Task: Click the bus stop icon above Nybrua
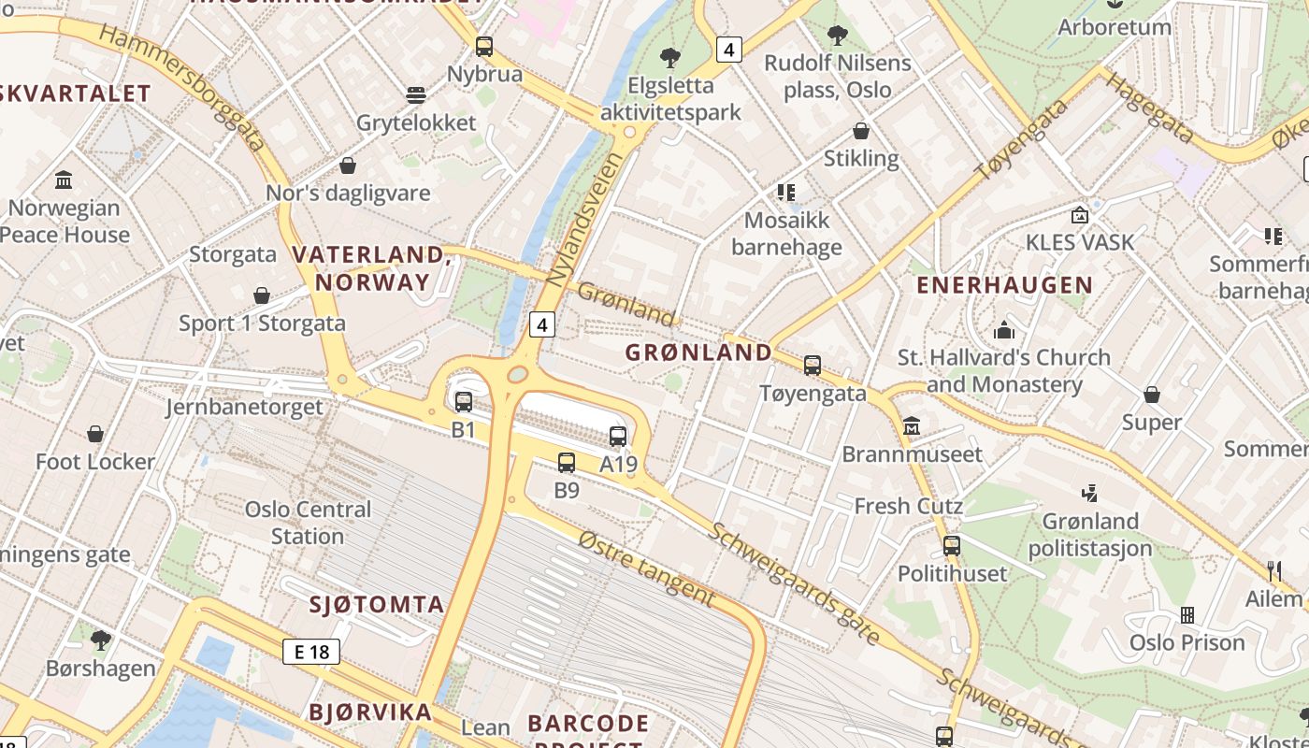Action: point(483,46)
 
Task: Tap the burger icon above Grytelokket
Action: point(416,95)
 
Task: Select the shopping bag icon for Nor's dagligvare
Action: point(348,165)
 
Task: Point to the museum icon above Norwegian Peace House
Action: point(64,179)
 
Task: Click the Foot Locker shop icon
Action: point(94,434)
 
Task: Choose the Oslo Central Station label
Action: point(308,523)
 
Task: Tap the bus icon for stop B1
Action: point(464,402)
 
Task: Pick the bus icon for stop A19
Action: point(618,436)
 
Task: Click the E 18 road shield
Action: point(311,652)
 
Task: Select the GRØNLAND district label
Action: point(698,352)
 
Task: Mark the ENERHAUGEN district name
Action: point(1004,285)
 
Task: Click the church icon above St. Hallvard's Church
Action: point(1004,329)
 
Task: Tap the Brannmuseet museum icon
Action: point(912,427)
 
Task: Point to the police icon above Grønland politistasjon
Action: point(1089,493)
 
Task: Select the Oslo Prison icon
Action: point(1187,614)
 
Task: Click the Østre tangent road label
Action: point(646,568)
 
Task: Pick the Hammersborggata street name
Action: point(181,87)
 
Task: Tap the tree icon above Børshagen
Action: point(101,640)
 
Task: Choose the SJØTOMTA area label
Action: point(377,604)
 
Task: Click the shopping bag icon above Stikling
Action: point(861,131)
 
